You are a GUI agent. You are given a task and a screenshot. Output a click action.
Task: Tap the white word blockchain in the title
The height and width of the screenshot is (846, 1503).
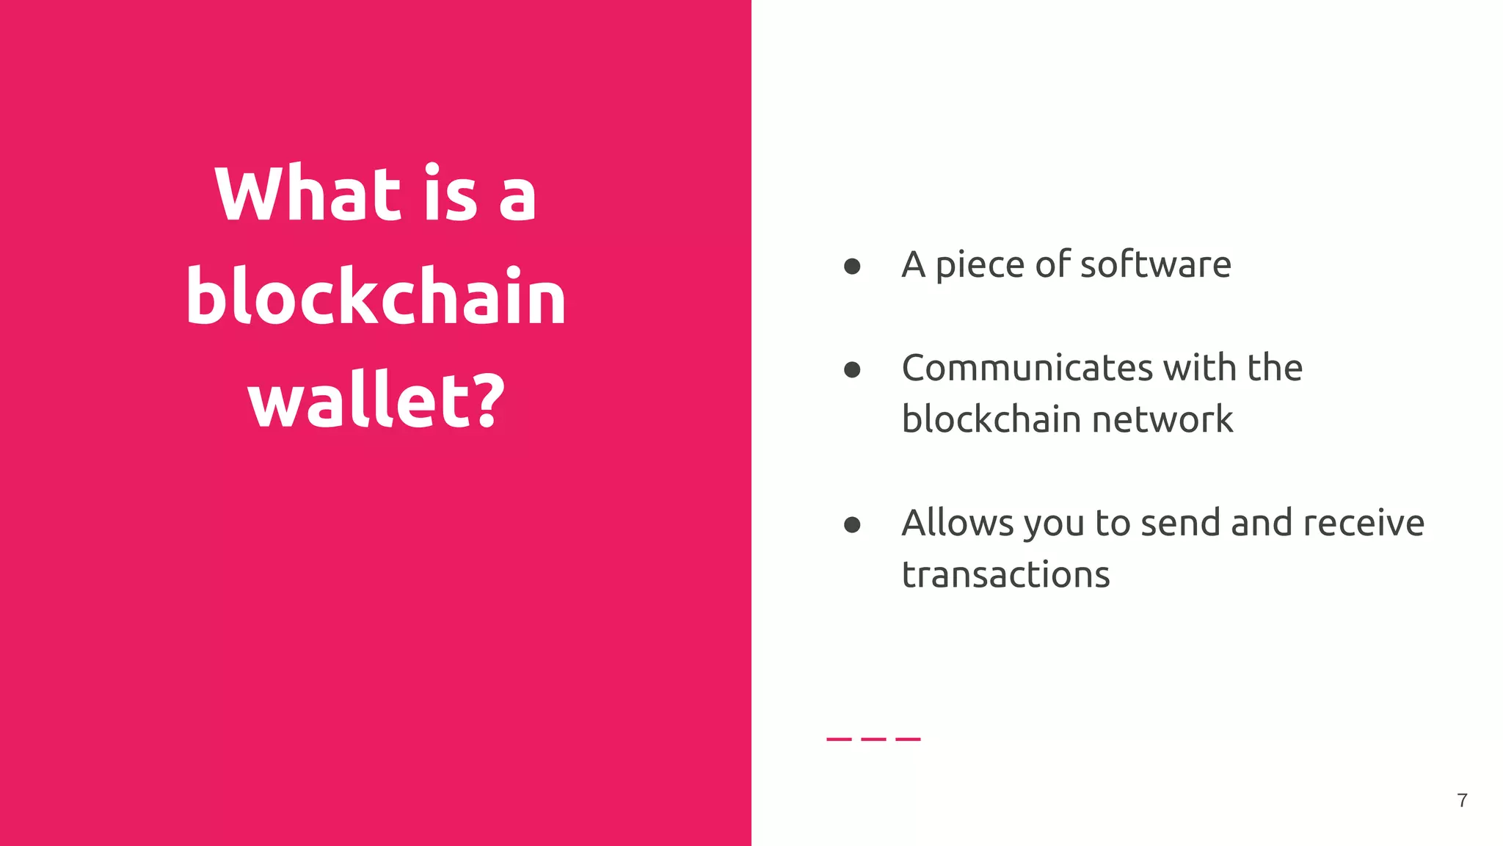pyautogui.click(x=376, y=297)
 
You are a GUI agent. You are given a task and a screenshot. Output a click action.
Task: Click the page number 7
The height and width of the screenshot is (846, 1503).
pyautogui.click(x=1462, y=800)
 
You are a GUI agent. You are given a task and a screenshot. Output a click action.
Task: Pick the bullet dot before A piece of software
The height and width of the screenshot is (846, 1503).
pyautogui.click(x=852, y=266)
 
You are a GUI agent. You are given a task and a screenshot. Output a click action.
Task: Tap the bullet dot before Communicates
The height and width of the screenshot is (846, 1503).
pyautogui.click(x=852, y=369)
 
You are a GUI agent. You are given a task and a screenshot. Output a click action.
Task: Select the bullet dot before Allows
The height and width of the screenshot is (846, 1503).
pyautogui.click(x=852, y=524)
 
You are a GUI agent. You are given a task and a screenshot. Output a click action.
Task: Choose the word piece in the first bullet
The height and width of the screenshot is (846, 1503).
pyautogui.click(x=980, y=266)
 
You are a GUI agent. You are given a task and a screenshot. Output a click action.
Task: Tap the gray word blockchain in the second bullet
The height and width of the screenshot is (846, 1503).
pyautogui.click(x=991, y=419)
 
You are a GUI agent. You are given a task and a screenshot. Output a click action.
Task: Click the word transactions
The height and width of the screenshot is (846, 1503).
pyautogui.click(x=1005, y=574)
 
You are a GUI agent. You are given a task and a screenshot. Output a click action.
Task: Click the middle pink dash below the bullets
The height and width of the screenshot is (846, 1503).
pyautogui.click(x=873, y=739)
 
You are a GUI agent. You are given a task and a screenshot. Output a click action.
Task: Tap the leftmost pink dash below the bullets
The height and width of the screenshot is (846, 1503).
pyautogui.click(x=839, y=739)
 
